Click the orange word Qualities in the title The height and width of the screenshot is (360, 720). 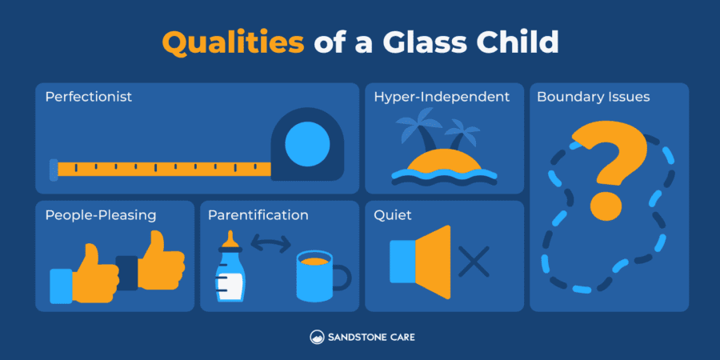click(x=234, y=42)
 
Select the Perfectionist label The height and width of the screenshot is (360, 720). click(x=89, y=98)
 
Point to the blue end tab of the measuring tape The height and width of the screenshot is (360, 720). click(x=53, y=168)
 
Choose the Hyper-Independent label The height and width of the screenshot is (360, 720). click(x=442, y=98)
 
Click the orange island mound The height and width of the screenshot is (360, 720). click(x=443, y=161)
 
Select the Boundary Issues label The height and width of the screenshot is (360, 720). click(x=593, y=98)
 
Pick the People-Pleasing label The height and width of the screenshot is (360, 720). click(x=101, y=215)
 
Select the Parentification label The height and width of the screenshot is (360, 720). click(x=258, y=215)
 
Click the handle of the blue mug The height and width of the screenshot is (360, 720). click(x=342, y=278)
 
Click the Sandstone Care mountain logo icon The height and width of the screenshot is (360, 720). click(x=317, y=338)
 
